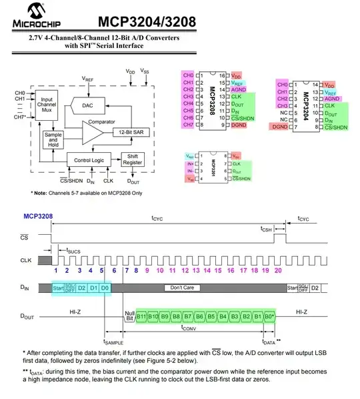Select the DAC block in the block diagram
88,105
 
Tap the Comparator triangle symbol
94,133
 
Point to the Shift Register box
131,160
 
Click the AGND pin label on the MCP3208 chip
239,89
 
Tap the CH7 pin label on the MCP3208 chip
187,125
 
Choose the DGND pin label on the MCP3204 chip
279,127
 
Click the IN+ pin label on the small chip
191,163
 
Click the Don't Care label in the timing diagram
181,288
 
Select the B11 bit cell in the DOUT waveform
141,316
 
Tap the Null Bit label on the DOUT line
129,316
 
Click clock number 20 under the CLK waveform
277,270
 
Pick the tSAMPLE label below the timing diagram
113,342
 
